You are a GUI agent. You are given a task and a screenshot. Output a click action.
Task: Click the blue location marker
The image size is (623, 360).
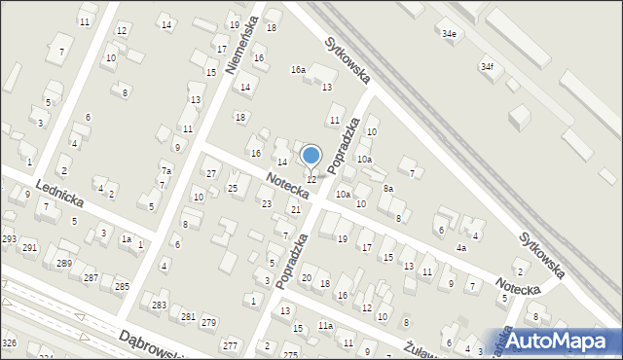click(311, 156)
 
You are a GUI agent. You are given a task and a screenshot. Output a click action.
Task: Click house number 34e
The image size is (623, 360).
click(449, 34)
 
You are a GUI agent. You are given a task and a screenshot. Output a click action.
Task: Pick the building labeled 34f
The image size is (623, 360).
click(486, 67)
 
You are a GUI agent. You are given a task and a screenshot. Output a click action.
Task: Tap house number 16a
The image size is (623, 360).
click(298, 70)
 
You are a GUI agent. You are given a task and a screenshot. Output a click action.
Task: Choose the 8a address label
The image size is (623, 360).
click(387, 189)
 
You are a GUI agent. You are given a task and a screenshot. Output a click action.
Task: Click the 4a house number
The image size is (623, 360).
click(461, 248)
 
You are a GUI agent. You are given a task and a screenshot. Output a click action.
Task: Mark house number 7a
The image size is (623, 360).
click(166, 171)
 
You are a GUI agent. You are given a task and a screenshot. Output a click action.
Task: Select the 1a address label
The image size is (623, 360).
click(126, 239)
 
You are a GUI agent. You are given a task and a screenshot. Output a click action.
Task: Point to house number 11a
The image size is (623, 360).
click(325, 326)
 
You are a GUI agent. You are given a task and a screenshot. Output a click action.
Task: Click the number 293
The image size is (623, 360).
click(9, 239)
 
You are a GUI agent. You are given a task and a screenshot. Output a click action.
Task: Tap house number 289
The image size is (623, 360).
click(64, 265)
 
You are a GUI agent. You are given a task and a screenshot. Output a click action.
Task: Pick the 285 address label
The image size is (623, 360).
click(122, 286)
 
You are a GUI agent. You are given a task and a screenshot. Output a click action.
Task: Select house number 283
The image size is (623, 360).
click(160, 306)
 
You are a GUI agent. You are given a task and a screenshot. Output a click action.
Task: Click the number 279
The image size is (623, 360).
click(207, 323)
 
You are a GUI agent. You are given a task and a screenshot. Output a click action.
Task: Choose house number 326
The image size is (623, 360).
click(9, 343)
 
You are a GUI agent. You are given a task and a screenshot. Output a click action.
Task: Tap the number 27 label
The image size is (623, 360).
click(210, 174)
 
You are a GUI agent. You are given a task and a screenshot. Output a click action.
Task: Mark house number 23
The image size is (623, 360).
click(266, 203)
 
